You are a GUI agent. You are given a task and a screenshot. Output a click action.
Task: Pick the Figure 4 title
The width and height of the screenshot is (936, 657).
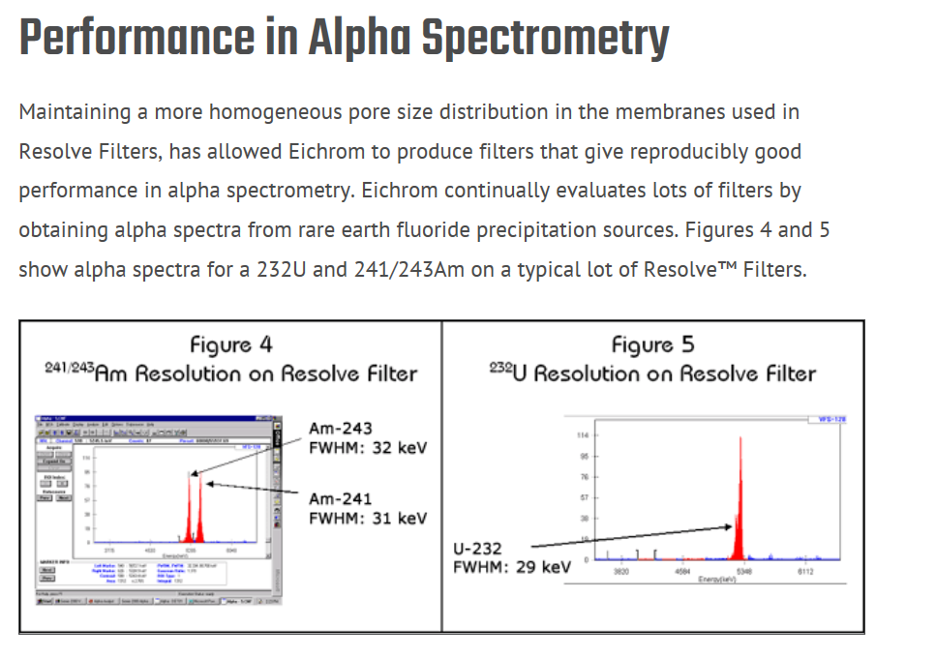(231, 344)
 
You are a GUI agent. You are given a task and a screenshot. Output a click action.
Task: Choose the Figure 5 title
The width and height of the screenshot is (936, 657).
(652, 344)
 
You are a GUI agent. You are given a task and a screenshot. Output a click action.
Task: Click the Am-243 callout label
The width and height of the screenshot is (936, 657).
(340, 429)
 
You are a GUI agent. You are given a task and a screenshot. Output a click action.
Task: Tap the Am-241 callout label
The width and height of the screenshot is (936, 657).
(340, 498)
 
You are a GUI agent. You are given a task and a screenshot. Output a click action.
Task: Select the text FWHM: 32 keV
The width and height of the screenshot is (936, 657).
(367, 448)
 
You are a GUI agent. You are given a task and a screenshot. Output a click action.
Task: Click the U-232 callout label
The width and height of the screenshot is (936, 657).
(478, 549)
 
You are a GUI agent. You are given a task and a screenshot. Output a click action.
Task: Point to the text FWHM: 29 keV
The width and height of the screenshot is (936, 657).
(512, 566)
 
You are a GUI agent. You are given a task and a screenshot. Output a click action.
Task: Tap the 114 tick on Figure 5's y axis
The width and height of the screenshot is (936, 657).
(582, 435)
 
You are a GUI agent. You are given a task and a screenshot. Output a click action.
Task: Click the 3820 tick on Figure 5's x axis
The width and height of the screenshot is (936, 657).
(622, 572)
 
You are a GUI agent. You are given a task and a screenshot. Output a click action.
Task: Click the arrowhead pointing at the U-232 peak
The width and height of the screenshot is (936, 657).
(729, 526)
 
